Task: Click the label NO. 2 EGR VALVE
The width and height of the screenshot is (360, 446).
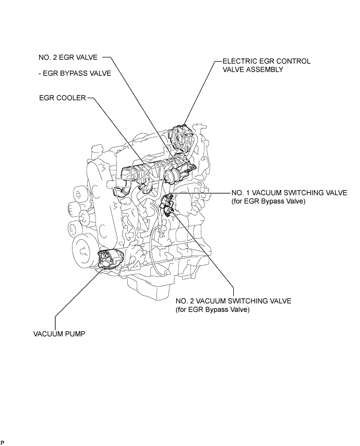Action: tap(68, 57)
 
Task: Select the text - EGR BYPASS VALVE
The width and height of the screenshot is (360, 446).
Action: tap(75, 74)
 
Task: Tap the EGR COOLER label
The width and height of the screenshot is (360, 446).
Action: tap(63, 98)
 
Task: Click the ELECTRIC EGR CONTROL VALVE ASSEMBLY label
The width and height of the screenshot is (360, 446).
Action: tap(266, 65)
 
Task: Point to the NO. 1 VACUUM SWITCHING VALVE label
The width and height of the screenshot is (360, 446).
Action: tap(289, 193)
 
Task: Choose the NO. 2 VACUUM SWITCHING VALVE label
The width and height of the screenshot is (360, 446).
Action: tap(233, 301)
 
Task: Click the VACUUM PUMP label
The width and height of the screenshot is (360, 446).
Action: tap(59, 334)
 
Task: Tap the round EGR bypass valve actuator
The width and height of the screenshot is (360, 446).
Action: tap(171, 175)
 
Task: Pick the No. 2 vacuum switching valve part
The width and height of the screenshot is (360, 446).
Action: tap(169, 212)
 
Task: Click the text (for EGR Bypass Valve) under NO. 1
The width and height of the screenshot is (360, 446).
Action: tap(268, 201)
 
